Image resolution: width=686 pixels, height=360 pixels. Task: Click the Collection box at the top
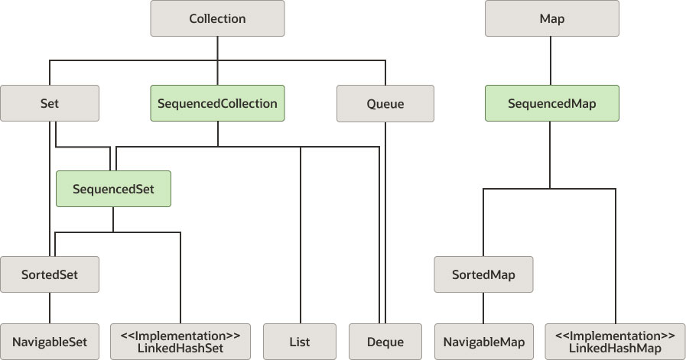click(x=217, y=19)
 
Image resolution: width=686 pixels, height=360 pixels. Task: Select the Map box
click(x=551, y=19)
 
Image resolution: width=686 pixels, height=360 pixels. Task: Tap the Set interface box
click(x=50, y=103)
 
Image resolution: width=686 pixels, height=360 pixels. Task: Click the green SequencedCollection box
click(x=217, y=103)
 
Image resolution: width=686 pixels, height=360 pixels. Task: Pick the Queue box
click(x=385, y=103)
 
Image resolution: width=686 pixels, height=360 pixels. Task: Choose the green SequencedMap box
click(x=551, y=103)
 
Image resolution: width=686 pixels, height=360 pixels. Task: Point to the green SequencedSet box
click(x=113, y=189)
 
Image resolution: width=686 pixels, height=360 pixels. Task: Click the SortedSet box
click(x=50, y=274)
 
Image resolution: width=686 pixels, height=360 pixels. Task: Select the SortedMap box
click(x=483, y=274)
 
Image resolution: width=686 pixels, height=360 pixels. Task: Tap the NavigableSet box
click(x=50, y=342)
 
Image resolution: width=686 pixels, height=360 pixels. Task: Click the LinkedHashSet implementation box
click(x=180, y=342)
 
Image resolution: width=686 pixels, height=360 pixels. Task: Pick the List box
click(x=301, y=342)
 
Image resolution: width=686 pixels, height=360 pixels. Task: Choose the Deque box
click(x=385, y=342)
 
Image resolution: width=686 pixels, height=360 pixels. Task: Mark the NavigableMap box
click(x=483, y=342)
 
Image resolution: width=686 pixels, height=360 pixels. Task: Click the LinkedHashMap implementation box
click(x=615, y=342)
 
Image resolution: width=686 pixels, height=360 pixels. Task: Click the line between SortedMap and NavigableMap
click(x=483, y=308)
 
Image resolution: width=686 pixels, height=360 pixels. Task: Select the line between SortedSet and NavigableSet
click(x=50, y=308)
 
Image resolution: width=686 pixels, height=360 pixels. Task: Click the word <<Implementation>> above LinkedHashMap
click(x=615, y=335)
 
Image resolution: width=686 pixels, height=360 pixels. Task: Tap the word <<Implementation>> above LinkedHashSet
click(x=180, y=335)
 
